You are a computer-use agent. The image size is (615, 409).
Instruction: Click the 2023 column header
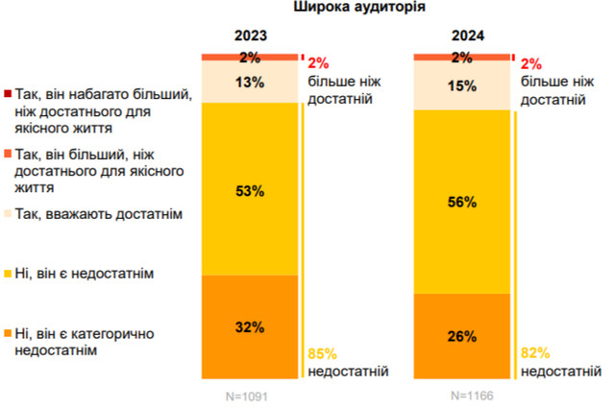(250, 37)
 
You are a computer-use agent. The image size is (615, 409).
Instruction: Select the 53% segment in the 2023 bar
(250, 190)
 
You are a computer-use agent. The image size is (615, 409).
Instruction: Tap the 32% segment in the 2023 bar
(250, 327)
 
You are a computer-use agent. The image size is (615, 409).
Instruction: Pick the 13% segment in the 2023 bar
(250, 82)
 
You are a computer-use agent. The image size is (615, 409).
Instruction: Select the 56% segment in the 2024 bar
(462, 203)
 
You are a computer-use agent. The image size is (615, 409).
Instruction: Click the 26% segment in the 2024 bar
(462, 337)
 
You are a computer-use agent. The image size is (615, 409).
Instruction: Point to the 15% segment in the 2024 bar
(462, 85)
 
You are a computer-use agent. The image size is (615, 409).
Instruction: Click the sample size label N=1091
(250, 394)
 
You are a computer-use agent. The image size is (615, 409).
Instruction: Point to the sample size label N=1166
(462, 394)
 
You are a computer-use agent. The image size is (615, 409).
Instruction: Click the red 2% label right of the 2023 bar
(319, 63)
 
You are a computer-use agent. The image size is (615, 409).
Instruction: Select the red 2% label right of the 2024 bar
(531, 63)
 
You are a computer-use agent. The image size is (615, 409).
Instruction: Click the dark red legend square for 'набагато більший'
(8, 94)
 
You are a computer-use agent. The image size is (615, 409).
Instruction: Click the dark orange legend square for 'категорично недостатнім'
(8, 333)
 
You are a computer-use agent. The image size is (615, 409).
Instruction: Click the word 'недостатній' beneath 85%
(348, 371)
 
